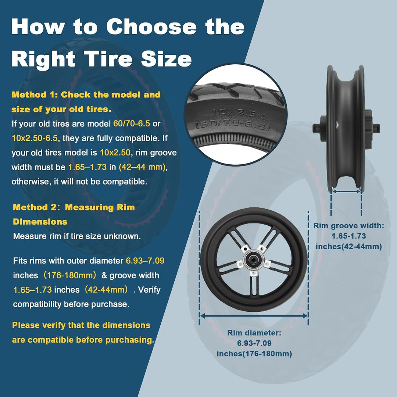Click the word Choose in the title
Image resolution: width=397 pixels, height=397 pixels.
pos(151,26)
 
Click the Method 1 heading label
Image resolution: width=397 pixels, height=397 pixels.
pos(35,95)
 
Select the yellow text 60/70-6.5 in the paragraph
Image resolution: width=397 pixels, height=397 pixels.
pos(131,124)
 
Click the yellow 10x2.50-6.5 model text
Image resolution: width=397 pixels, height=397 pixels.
pos(35,138)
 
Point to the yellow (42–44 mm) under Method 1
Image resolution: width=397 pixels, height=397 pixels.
pos(142,167)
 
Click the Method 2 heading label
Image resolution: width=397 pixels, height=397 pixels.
pos(35,207)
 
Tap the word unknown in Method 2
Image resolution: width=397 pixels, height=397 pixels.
pos(126,236)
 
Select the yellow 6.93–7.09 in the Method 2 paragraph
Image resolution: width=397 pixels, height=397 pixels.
pos(145,261)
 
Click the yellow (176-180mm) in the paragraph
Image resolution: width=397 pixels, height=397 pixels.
pos(70,275)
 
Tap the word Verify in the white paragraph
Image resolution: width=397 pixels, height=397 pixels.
pos(149,290)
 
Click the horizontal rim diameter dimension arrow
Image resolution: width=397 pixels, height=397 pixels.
pos(254,316)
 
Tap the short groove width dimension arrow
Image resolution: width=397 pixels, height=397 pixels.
pos(346,192)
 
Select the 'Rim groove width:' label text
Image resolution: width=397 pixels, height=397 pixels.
pos(348,226)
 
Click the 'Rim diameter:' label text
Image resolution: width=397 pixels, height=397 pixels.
pos(254,333)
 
